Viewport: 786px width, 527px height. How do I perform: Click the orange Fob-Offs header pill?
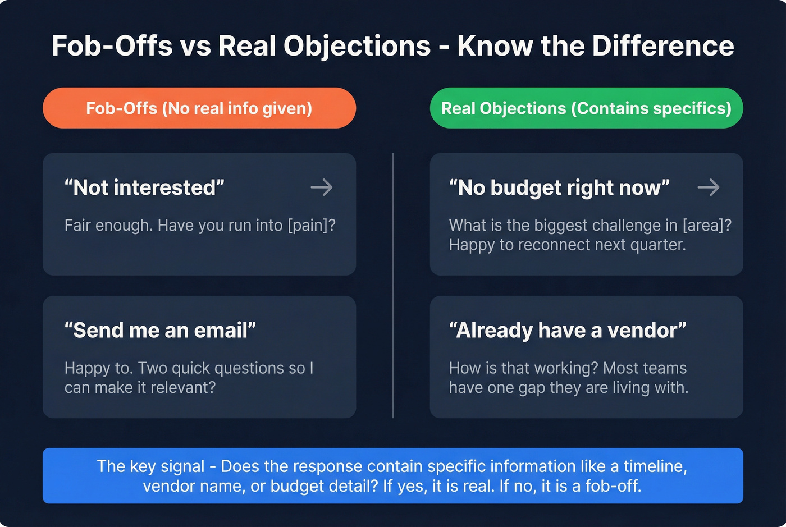[199, 108]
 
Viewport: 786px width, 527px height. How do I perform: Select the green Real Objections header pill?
[586, 108]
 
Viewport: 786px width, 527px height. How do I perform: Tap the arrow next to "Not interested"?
[322, 187]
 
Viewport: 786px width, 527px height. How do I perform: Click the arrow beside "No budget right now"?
[708, 187]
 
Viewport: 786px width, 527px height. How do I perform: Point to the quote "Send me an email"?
[160, 331]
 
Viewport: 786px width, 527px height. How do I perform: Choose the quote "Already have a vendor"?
[568, 331]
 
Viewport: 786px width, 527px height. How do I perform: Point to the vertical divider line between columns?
[393, 285]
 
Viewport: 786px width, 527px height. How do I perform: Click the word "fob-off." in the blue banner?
[613, 485]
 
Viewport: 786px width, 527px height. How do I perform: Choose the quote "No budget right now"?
[559, 188]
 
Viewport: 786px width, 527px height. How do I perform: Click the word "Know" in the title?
[495, 46]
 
